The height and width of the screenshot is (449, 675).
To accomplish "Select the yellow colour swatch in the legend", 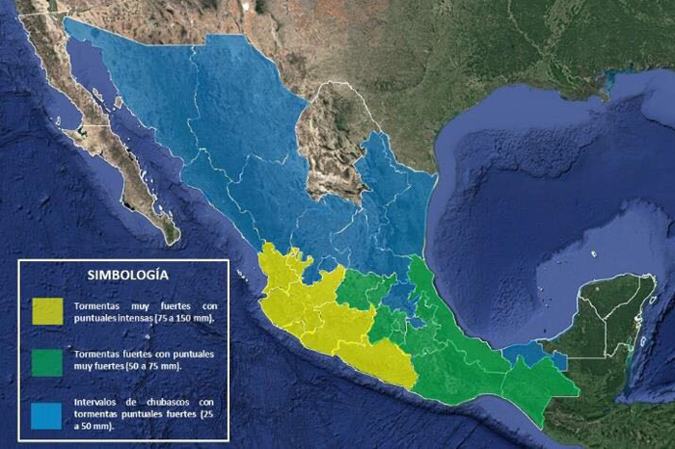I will click(x=46, y=310).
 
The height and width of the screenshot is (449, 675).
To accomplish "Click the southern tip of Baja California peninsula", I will click(x=171, y=234).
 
